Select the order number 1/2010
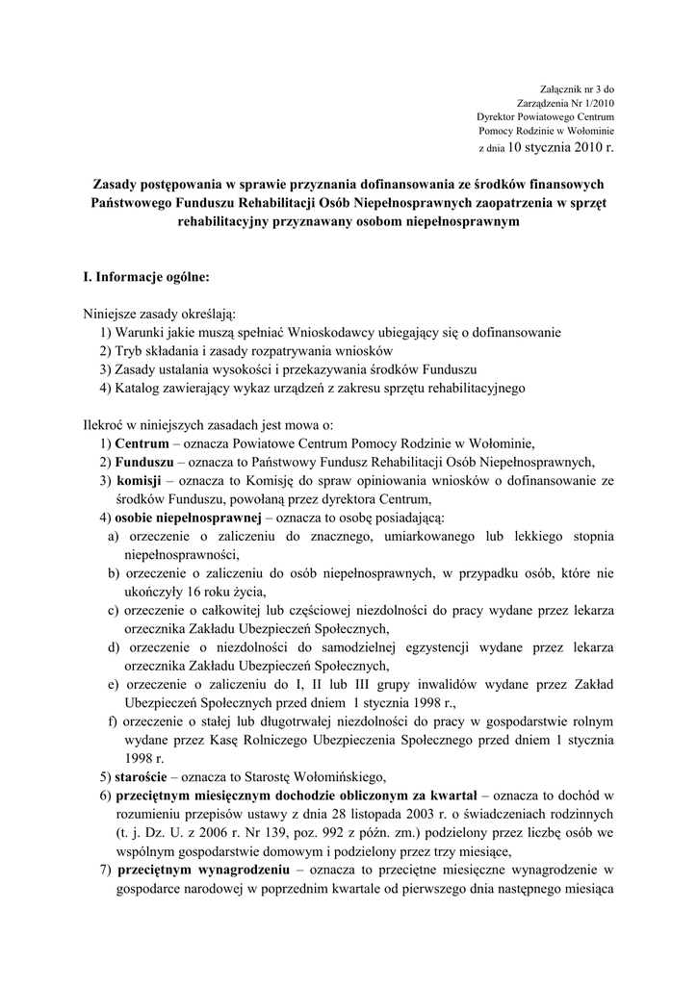596,102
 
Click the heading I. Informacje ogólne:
144,277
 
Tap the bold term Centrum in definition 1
142,443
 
